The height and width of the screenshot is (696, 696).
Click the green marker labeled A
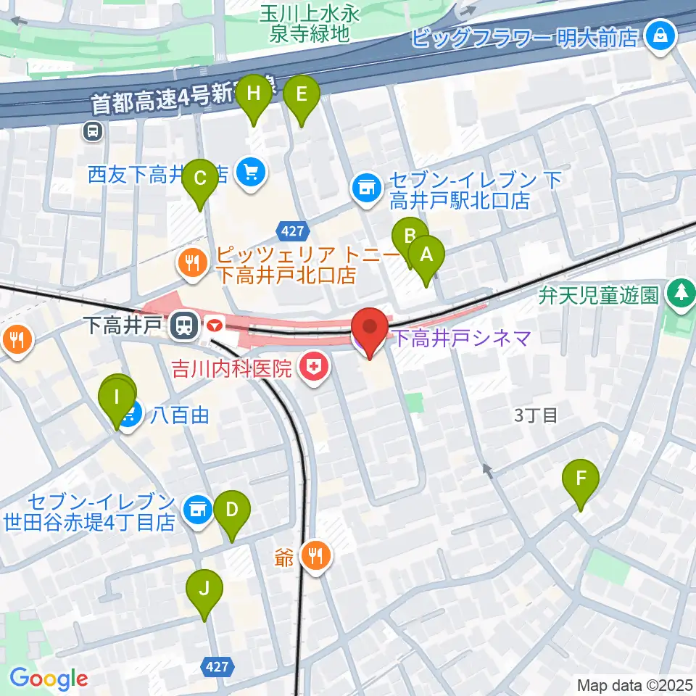click(x=426, y=256)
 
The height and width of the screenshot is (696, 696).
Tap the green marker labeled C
click(x=201, y=178)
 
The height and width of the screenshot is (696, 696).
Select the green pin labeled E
click(x=302, y=95)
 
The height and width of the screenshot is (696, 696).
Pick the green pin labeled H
click(x=253, y=95)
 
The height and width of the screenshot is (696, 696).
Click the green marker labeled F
click(x=581, y=479)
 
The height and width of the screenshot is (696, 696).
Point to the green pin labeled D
click(x=231, y=510)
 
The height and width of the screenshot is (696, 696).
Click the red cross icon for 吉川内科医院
click(x=314, y=368)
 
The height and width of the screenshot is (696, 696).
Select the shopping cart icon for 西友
click(x=252, y=173)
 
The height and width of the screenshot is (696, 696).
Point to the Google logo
click(x=49, y=679)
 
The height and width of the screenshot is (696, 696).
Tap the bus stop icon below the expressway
click(x=93, y=131)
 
